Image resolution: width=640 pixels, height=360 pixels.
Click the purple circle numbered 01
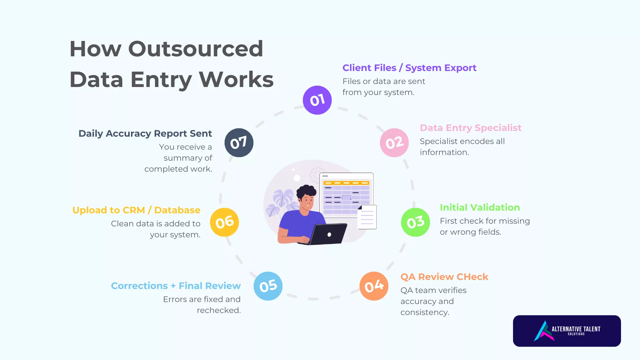pyautogui.click(x=317, y=100)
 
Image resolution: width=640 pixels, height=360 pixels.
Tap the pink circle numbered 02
pyautogui.click(x=394, y=143)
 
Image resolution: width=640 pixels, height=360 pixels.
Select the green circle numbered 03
pyautogui.click(x=415, y=222)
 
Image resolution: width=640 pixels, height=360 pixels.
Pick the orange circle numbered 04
pyautogui.click(x=374, y=286)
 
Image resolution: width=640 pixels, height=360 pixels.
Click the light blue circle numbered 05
pyautogui.click(x=268, y=286)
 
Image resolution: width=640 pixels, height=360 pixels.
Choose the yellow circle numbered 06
pyautogui.click(x=224, y=222)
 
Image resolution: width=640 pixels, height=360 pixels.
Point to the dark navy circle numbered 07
pyautogui.click(x=239, y=143)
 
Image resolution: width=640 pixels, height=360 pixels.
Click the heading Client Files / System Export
pyautogui.click(x=409, y=68)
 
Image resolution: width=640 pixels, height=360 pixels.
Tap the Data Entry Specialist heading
pyautogui.click(x=470, y=128)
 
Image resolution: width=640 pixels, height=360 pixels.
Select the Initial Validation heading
pyautogui.click(x=480, y=207)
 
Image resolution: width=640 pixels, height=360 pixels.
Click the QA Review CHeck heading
pyautogui.click(x=444, y=277)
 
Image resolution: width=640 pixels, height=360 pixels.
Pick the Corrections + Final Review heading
pyautogui.click(x=176, y=286)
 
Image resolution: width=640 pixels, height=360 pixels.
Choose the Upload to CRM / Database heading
pyautogui.click(x=136, y=210)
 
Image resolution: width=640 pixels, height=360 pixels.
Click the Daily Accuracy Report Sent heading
pyautogui.click(x=145, y=133)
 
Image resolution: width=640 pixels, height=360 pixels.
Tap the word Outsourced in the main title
pyautogui.click(x=196, y=49)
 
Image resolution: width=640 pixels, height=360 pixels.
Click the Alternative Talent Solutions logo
pyautogui.click(x=567, y=331)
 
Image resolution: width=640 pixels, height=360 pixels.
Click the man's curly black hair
pyautogui.click(x=306, y=191)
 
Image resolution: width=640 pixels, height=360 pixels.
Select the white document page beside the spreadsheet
pyautogui.click(x=367, y=217)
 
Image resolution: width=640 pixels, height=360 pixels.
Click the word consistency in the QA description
pyautogui.click(x=425, y=312)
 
